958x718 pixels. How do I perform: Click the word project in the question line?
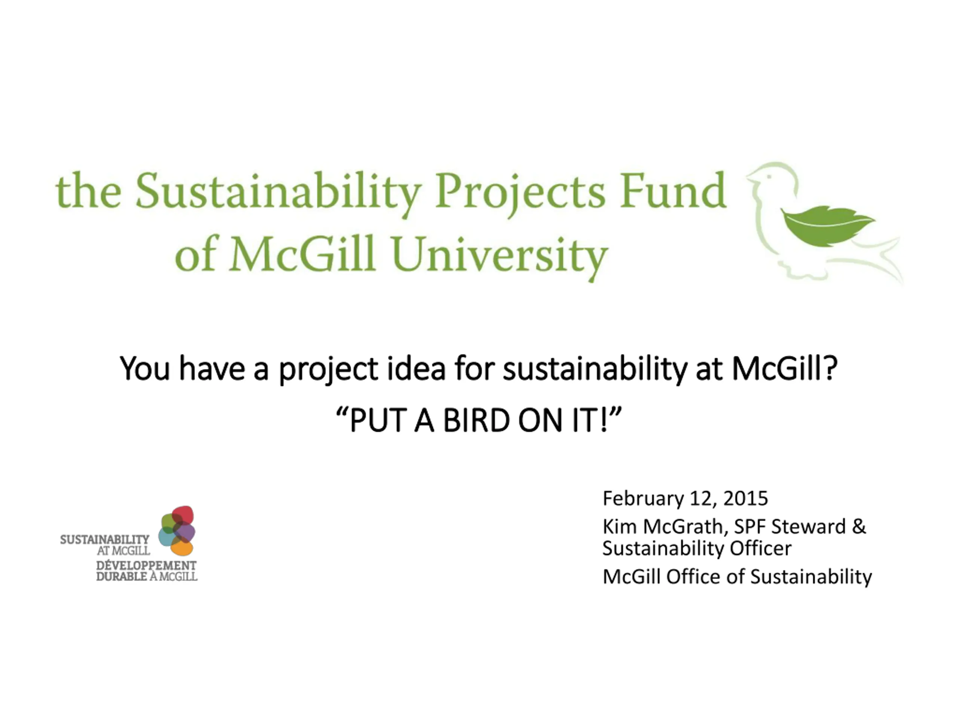click(328, 369)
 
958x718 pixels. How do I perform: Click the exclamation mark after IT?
click(605, 421)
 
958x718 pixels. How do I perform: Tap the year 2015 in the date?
click(746, 498)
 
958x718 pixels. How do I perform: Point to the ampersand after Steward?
click(859, 527)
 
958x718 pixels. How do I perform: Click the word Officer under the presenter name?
click(760, 548)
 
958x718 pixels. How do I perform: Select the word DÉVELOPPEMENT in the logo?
click(146, 565)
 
